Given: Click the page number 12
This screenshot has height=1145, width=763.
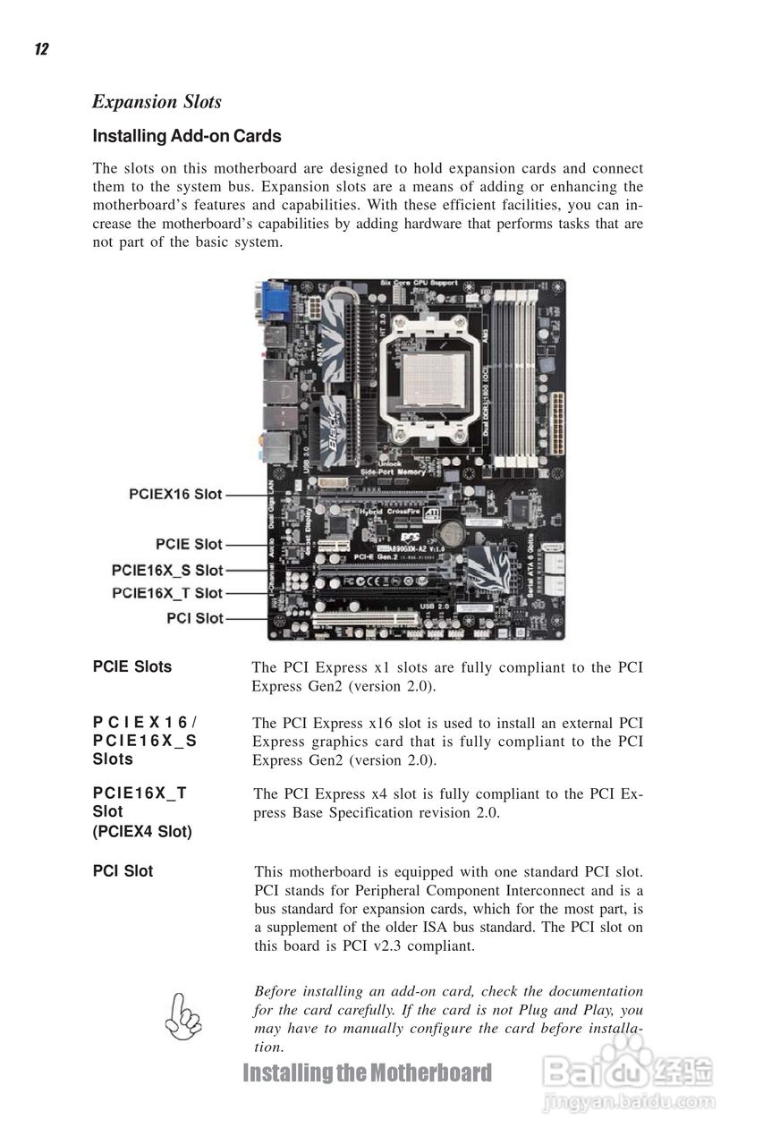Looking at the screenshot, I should point(41,49).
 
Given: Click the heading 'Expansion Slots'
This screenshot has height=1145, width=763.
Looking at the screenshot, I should point(157,102).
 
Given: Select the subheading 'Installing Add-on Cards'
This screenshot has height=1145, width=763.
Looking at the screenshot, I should point(187,137).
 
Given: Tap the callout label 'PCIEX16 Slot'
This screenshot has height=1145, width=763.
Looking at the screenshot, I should point(175,494).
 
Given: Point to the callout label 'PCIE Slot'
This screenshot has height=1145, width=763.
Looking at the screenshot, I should point(189,544).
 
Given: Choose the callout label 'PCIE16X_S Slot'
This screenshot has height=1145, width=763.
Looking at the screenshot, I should point(167,570).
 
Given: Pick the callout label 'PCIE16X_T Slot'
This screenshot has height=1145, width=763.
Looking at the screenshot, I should point(167,593).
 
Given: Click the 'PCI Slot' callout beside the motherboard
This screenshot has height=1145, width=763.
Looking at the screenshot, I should point(195,618).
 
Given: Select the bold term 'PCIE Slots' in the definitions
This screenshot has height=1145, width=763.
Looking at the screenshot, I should point(132,666).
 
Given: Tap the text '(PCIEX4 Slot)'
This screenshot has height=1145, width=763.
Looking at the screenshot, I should point(142,832).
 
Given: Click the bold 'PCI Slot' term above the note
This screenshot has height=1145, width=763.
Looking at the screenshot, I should point(123,871).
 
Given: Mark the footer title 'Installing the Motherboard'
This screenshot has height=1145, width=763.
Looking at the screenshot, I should point(367,1073).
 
